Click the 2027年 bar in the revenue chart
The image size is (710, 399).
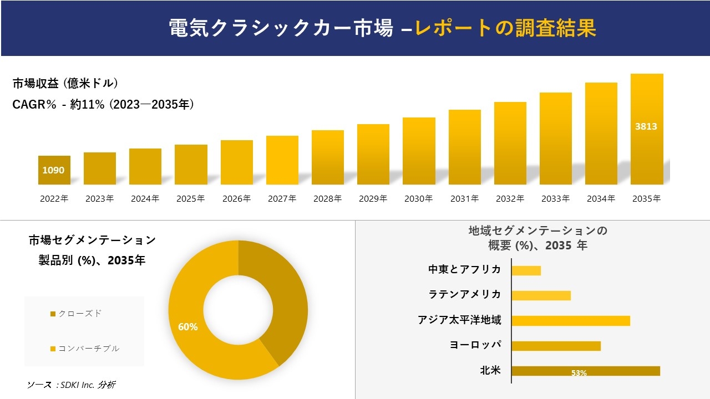(x=282, y=160)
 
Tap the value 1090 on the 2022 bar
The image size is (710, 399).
(x=54, y=171)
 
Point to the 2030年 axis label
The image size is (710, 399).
(x=418, y=199)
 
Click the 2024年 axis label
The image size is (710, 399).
(x=145, y=199)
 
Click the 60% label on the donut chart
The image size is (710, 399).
(x=187, y=327)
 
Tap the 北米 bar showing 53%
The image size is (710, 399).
(x=585, y=371)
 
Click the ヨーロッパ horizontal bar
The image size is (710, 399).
(x=556, y=346)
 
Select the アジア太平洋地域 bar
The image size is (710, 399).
(x=570, y=320)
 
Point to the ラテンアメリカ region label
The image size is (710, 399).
(x=464, y=294)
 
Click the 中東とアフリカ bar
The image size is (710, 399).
(x=526, y=270)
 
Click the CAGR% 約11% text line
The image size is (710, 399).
(x=103, y=105)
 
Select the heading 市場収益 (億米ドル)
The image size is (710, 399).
(x=65, y=84)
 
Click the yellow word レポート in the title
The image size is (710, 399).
(x=453, y=28)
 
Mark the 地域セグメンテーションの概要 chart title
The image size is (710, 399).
(x=537, y=238)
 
